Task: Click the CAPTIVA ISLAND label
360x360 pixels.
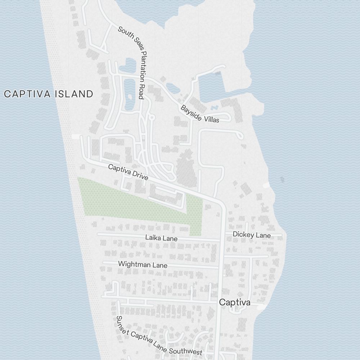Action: pos(49,94)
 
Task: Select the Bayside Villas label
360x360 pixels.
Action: pos(200,114)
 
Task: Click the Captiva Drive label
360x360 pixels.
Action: pos(128,171)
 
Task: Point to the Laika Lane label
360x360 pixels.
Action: pos(161,238)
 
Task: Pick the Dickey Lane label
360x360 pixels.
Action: pos(252,235)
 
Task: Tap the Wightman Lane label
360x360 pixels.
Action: pos(143,265)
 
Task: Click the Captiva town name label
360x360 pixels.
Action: pos(235,302)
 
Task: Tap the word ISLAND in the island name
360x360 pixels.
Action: pos(74,94)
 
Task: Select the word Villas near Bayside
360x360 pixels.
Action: pos(211,119)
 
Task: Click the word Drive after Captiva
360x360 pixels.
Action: pos(140,175)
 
